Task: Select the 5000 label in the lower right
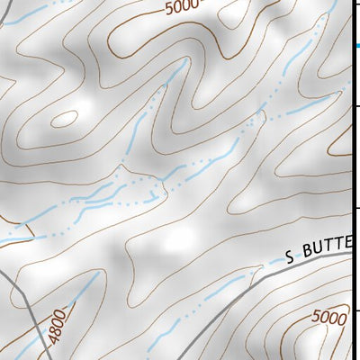pyautogui.click(x=328, y=317)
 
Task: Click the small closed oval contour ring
pyautogui.click(x=65, y=118)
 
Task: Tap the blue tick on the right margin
pyautogui.click(x=356, y=46)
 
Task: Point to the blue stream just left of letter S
pyautogui.click(x=272, y=263)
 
